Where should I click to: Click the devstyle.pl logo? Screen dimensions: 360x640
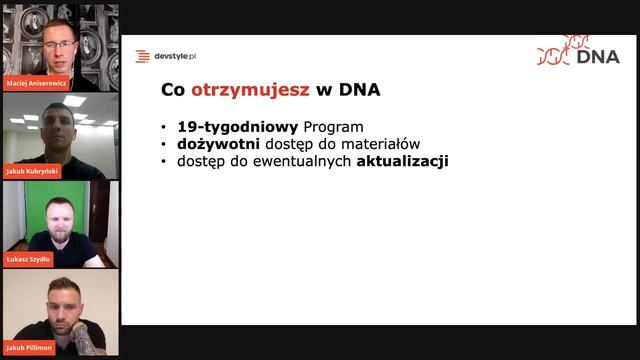pyautogui.click(x=166, y=56)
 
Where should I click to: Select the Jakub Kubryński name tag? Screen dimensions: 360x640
pyautogui.click(x=31, y=170)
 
